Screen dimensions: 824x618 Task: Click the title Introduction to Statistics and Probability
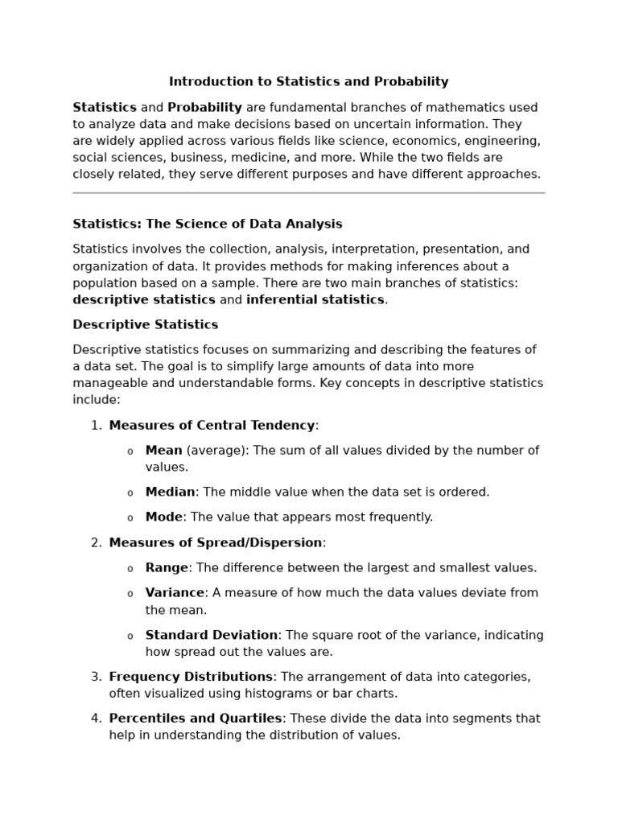308,82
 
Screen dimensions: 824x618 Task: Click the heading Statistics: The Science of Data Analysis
207,225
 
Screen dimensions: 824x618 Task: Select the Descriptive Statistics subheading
145,325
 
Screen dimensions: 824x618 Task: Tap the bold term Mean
163,451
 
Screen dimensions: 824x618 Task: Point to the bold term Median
170,492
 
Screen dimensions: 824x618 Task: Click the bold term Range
167,568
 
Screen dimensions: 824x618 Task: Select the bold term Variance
175,593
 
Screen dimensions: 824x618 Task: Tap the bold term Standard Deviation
212,636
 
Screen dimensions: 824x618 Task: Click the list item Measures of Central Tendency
212,426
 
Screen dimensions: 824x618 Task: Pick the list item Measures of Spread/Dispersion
216,543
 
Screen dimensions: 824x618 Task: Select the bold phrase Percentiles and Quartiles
196,719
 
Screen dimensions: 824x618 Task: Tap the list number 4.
96,719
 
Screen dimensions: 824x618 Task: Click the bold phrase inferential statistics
315,300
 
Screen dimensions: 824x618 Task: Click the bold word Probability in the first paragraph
204,108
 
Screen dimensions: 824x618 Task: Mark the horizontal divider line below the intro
308,193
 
